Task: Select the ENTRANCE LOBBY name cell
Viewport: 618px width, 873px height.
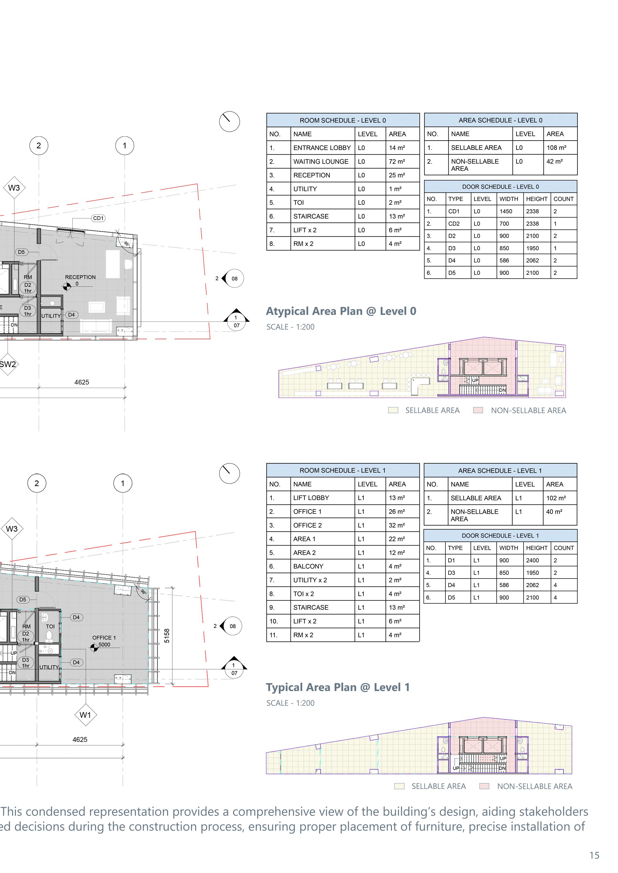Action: click(x=322, y=148)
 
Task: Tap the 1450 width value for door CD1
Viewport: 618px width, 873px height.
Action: click(x=506, y=211)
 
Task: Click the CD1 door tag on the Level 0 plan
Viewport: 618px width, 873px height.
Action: click(x=98, y=218)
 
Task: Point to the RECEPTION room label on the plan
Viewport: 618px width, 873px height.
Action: click(x=80, y=277)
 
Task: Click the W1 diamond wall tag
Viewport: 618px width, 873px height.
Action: click(x=85, y=715)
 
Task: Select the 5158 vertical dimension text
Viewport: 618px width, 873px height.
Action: click(x=167, y=636)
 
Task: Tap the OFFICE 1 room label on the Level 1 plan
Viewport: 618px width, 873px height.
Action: click(x=104, y=638)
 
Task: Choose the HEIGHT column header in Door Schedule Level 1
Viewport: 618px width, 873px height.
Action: click(x=537, y=548)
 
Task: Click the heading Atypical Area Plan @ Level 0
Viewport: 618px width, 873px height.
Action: click(x=341, y=311)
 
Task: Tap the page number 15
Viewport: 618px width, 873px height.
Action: click(x=594, y=856)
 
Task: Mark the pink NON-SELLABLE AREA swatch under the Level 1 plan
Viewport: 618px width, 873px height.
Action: click(x=484, y=786)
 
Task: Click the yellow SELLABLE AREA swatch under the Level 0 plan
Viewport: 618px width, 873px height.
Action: click(x=393, y=410)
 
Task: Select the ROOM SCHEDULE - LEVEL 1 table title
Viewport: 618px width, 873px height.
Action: click(x=342, y=471)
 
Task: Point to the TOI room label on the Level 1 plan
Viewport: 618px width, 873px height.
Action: click(x=50, y=626)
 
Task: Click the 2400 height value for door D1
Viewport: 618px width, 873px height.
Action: click(x=532, y=560)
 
